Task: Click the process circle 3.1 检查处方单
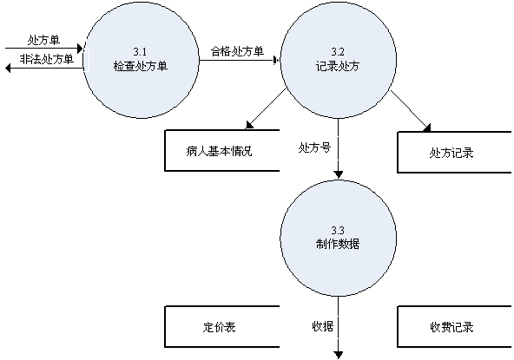click(142, 60)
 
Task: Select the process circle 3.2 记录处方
click(339, 60)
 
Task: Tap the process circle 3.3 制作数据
click(339, 238)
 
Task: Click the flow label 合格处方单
click(237, 51)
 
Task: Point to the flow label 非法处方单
click(47, 59)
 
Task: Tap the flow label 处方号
click(314, 147)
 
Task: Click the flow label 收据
click(323, 326)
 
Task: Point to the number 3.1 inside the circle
click(140, 51)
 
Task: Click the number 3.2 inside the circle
click(338, 51)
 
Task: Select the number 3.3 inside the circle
click(338, 230)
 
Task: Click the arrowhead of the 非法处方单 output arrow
click(8, 69)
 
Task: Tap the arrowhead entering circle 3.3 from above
click(339, 175)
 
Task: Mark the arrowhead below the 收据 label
click(339, 355)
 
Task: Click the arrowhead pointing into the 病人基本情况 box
click(249, 125)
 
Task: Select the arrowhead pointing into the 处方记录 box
click(427, 128)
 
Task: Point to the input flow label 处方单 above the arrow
click(43, 40)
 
